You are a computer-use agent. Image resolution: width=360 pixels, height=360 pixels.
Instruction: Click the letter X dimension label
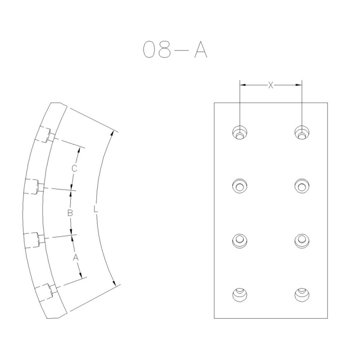271,85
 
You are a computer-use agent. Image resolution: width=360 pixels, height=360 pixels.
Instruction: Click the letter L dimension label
96,209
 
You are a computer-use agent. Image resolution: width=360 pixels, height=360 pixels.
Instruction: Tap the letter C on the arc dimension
74,168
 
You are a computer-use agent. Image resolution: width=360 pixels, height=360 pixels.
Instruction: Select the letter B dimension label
70,213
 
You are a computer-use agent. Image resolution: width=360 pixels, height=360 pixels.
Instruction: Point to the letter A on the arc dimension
76,257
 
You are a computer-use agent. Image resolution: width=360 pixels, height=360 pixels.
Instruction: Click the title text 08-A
175,49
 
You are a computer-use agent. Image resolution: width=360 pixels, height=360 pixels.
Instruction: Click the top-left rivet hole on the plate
240,132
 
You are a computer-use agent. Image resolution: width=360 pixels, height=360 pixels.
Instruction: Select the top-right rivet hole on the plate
301,132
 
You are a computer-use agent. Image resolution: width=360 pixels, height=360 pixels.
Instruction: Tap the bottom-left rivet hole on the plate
240,295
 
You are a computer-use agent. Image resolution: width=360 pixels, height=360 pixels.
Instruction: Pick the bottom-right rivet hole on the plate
301,295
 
